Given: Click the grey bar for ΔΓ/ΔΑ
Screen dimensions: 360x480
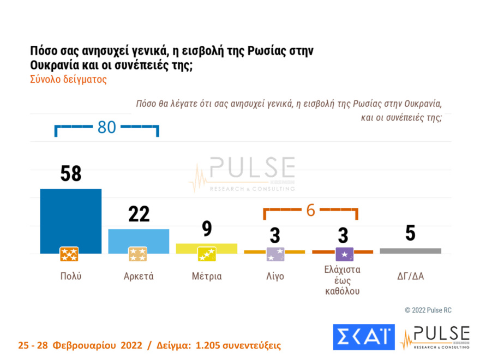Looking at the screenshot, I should click(x=410, y=251).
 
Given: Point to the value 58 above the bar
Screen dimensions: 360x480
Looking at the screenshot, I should click(x=70, y=173).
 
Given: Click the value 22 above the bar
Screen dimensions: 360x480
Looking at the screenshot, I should click(x=139, y=214).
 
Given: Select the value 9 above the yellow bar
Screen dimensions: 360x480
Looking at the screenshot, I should click(x=207, y=229).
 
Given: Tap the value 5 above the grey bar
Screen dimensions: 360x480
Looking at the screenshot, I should click(x=410, y=233).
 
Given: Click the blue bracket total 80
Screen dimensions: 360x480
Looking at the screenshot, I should click(x=106, y=128).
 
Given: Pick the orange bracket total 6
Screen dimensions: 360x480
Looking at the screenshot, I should click(x=310, y=210).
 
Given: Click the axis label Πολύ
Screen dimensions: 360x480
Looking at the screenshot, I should click(x=70, y=276).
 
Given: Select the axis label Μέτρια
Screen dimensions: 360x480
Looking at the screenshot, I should click(x=207, y=276).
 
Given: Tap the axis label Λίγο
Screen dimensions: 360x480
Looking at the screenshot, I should click(x=274, y=276).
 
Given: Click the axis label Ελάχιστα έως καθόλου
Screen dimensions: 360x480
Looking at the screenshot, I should click(x=343, y=280).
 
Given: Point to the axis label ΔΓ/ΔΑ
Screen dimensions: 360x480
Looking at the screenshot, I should click(x=410, y=276).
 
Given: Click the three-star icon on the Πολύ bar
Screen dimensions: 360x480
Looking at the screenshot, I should click(x=69, y=254).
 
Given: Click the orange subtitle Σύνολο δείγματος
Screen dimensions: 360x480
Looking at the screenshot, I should click(x=68, y=79).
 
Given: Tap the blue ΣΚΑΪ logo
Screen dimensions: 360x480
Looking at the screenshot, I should click(x=363, y=337).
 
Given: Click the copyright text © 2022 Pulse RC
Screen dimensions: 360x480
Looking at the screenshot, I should click(x=428, y=310).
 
